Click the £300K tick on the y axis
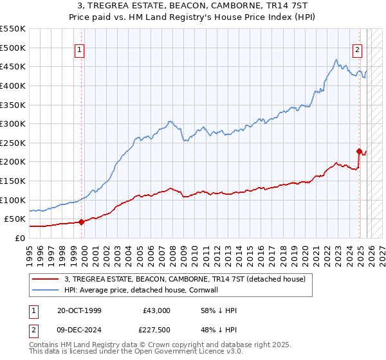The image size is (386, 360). point(12,123)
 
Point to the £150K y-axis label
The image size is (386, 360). point(12,181)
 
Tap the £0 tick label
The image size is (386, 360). point(19,238)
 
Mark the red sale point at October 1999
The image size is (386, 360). point(81,222)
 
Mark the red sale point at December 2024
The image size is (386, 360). point(359,151)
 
